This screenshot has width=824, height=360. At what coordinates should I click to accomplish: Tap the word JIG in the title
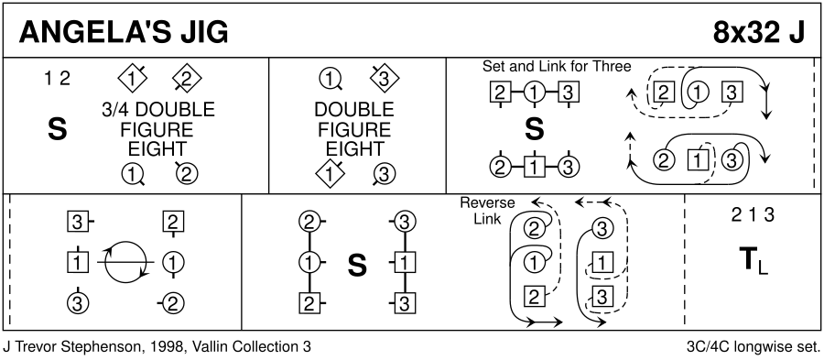(204, 34)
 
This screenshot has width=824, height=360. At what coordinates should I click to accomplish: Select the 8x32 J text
(758, 34)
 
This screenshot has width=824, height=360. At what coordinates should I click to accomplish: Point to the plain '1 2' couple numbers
(58, 78)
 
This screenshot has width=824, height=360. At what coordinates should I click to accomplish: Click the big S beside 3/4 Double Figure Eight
(58, 129)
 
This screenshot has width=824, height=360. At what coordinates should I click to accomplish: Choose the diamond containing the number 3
(385, 80)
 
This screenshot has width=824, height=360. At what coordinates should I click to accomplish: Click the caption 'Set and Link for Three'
(557, 67)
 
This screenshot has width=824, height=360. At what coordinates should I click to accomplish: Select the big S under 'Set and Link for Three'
(535, 129)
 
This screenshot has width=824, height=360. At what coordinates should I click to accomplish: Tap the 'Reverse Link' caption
(487, 211)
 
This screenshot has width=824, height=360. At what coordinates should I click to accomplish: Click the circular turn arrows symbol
(125, 261)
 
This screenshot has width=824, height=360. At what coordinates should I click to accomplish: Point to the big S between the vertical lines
(357, 266)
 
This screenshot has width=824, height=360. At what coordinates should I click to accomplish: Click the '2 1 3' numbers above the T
(754, 215)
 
